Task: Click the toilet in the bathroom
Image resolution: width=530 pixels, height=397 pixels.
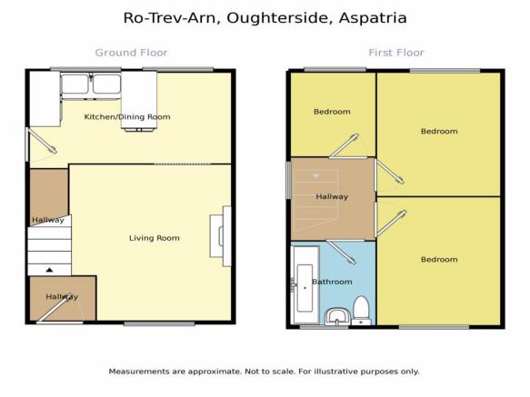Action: pyautogui.click(x=361, y=311)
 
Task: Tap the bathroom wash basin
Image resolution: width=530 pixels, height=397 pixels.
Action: pyautogui.click(x=336, y=316)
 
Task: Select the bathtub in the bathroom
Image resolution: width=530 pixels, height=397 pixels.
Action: pyautogui.click(x=305, y=284)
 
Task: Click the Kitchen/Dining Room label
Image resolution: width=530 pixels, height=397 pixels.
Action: pyautogui.click(x=127, y=117)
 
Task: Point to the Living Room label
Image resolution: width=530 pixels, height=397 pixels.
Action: pyautogui.click(x=155, y=238)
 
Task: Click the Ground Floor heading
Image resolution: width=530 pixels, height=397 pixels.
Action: pyautogui.click(x=131, y=53)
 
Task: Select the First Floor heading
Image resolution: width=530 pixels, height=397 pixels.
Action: pyautogui.click(x=396, y=53)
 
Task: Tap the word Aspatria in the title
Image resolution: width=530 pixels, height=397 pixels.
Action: pyautogui.click(x=373, y=18)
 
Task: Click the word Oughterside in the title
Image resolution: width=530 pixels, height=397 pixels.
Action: pyautogui.click(x=278, y=18)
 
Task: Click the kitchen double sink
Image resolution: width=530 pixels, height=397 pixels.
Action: pyautogui.click(x=91, y=85)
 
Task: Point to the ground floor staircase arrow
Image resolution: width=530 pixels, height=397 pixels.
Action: pyautogui.click(x=49, y=270)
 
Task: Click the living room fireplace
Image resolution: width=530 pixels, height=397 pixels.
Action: pyautogui.click(x=220, y=236)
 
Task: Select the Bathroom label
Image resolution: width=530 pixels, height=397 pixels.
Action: pyautogui.click(x=332, y=282)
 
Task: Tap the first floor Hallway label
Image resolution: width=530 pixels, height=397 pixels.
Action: pyautogui.click(x=332, y=196)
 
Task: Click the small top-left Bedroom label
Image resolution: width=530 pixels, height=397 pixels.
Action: pyautogui.click(x=332, y=112)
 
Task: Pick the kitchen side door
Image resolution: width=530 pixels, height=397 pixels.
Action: pyautogui.click(x=41, y=144)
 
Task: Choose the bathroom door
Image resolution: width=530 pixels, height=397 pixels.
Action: pyautogui.click(x=342, y=252)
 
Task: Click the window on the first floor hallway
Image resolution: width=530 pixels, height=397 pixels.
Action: pyautogui.click(x=289, y=180)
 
